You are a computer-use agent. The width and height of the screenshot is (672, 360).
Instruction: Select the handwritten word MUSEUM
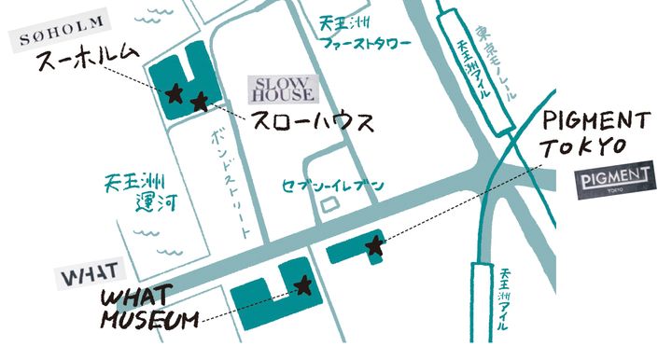pyautogui.click(x=148, y=321)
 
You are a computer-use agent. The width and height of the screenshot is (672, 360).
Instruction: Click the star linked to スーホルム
pyautogui.click(x=174, y=93)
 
